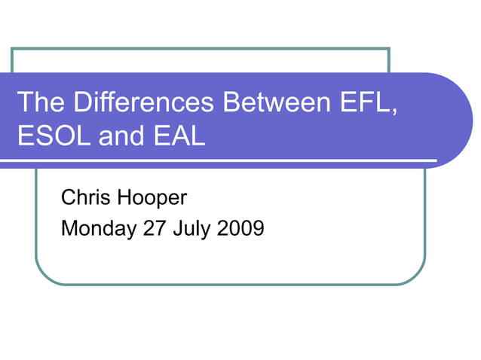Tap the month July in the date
click(192, 227)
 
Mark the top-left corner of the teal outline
click(12, 49)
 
